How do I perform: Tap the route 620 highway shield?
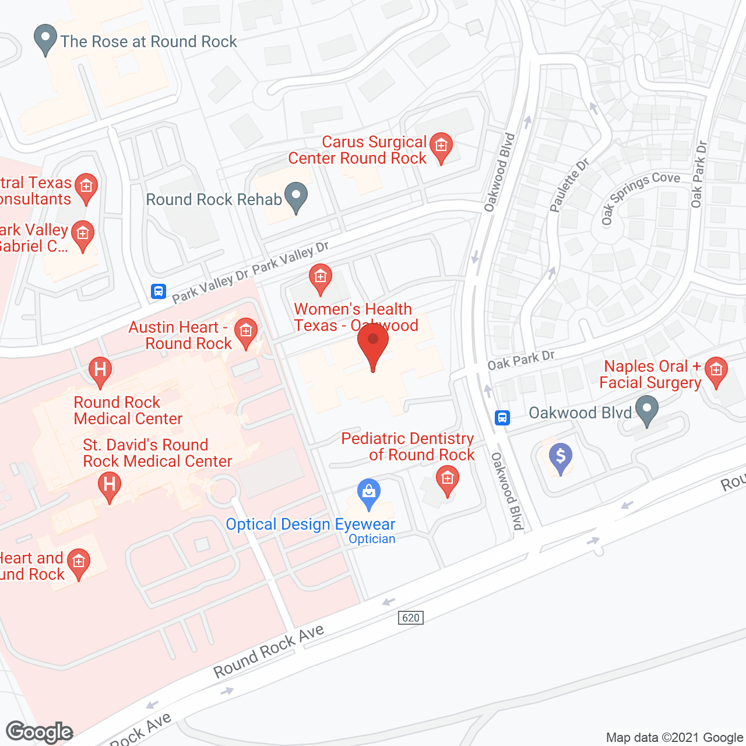coord(411,618)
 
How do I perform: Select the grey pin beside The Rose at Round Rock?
coord(45,38)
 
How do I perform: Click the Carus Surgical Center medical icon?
coord(441,146)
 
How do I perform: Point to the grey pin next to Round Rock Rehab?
coord(296,197)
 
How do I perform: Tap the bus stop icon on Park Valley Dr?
coord(159,291)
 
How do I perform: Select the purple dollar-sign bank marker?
coord(561,457)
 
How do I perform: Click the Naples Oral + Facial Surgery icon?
coord(716,371)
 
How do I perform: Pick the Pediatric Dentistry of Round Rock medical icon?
coord(448,481)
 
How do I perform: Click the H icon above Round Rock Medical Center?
coord(100,371)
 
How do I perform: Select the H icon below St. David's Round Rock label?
coord(109,485)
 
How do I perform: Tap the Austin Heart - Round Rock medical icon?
coord(246,333)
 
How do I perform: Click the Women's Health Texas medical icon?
coord(320,278)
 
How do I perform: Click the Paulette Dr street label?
coord(569,185)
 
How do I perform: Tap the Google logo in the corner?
coord(39,732)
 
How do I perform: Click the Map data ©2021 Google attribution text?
coord(675,737)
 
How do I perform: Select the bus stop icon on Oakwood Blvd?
coord(502,417)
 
